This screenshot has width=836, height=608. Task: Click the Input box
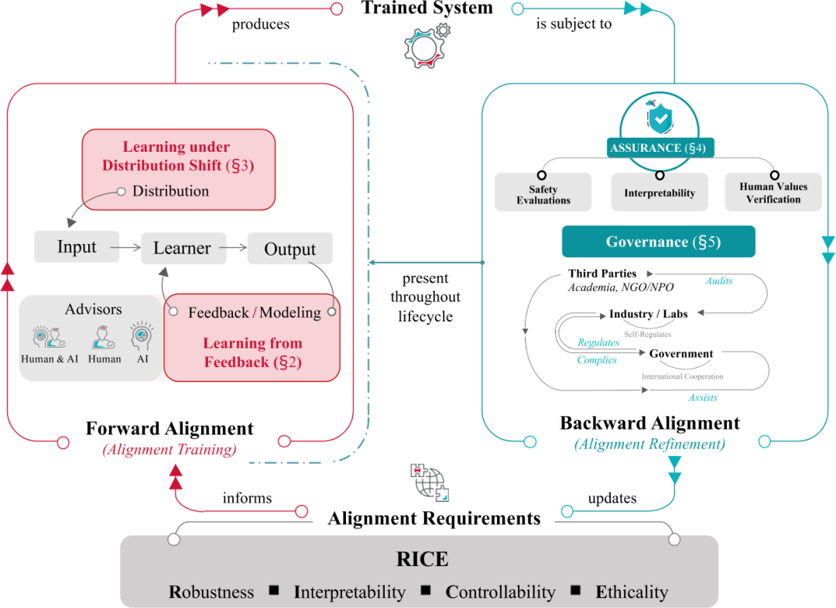coord(77,247)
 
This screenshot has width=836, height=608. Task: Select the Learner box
coord(183,249)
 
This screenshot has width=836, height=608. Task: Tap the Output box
coord(290,249)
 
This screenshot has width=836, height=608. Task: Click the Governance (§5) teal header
coord(658,242)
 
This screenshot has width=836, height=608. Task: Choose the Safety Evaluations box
coord(543,194)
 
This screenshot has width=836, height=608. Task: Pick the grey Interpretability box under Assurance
coord(660,193)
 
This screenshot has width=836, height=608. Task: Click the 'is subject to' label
coord(574,24)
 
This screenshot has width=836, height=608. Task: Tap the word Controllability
coord(500,593)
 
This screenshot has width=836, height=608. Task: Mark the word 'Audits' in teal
coord(718,281)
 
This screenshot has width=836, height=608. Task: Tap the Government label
coord(681,354)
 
